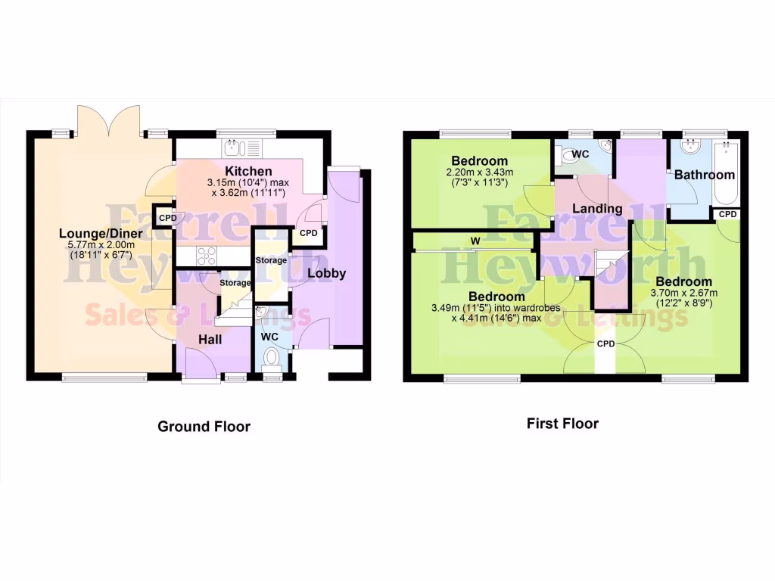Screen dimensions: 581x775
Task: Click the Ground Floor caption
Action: (x=204, y=427)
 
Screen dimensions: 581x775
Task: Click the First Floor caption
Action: (x=562, y=424)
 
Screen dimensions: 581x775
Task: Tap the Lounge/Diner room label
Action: (x=101, y=234)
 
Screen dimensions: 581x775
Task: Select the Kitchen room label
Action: (x=248, y=172)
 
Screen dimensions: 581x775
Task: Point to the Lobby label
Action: (x=326, y=273)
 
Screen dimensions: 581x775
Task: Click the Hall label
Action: (x=210, y=340)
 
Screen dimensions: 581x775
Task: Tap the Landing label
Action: (x=597, y=208)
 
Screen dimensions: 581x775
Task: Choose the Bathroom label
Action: (x=705, y=175)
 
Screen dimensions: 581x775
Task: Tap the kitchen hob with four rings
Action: (x=207, y=256)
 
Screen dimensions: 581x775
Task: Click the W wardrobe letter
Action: (x=475, y=241)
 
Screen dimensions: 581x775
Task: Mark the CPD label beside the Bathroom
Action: (x=727, y=214)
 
